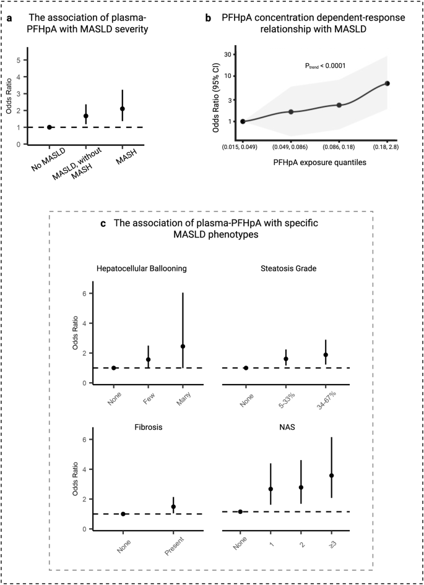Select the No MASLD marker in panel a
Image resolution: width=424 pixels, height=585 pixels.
50,127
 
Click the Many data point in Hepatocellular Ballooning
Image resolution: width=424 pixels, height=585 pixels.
165,346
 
